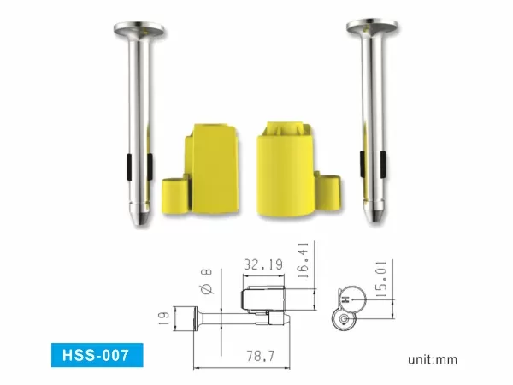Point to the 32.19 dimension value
point(262,265)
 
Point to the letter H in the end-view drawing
point(345,299)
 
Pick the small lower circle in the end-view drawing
point(343,320)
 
